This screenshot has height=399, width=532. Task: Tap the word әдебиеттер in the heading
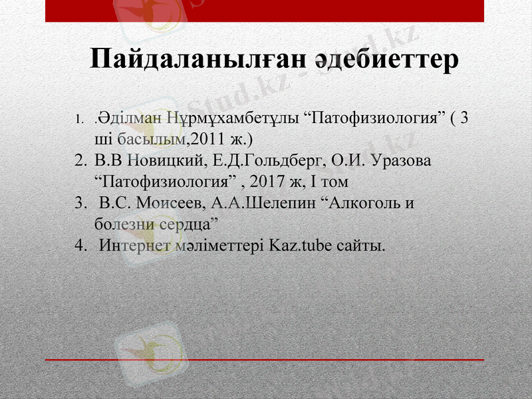(x=386, y=59)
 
